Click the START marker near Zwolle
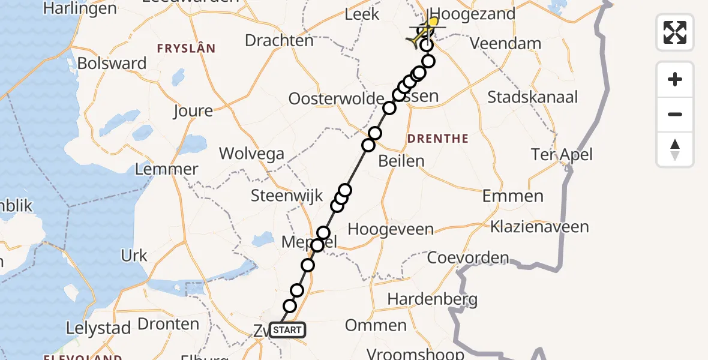[x=287, y=330]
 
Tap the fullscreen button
[x=675, y=32]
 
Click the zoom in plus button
[x=675, y=80]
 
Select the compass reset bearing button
[x=675, y=149]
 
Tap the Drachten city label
[x=280, y=41]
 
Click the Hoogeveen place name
[x=391, y=229]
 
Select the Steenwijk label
[x=287, y=196]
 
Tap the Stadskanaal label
[x=533, y=97]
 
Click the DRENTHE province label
[x=437, y=139]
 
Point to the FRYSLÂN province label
[x=186, y=48]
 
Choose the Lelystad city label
[x=98, y=328]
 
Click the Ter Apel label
[x=562, y=155]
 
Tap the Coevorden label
[x=468, y=259]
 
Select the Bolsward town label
[x=112, y=64]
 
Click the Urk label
[x=134, y=256]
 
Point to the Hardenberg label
[x=432, y=299]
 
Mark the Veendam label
[x=505, y=44]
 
